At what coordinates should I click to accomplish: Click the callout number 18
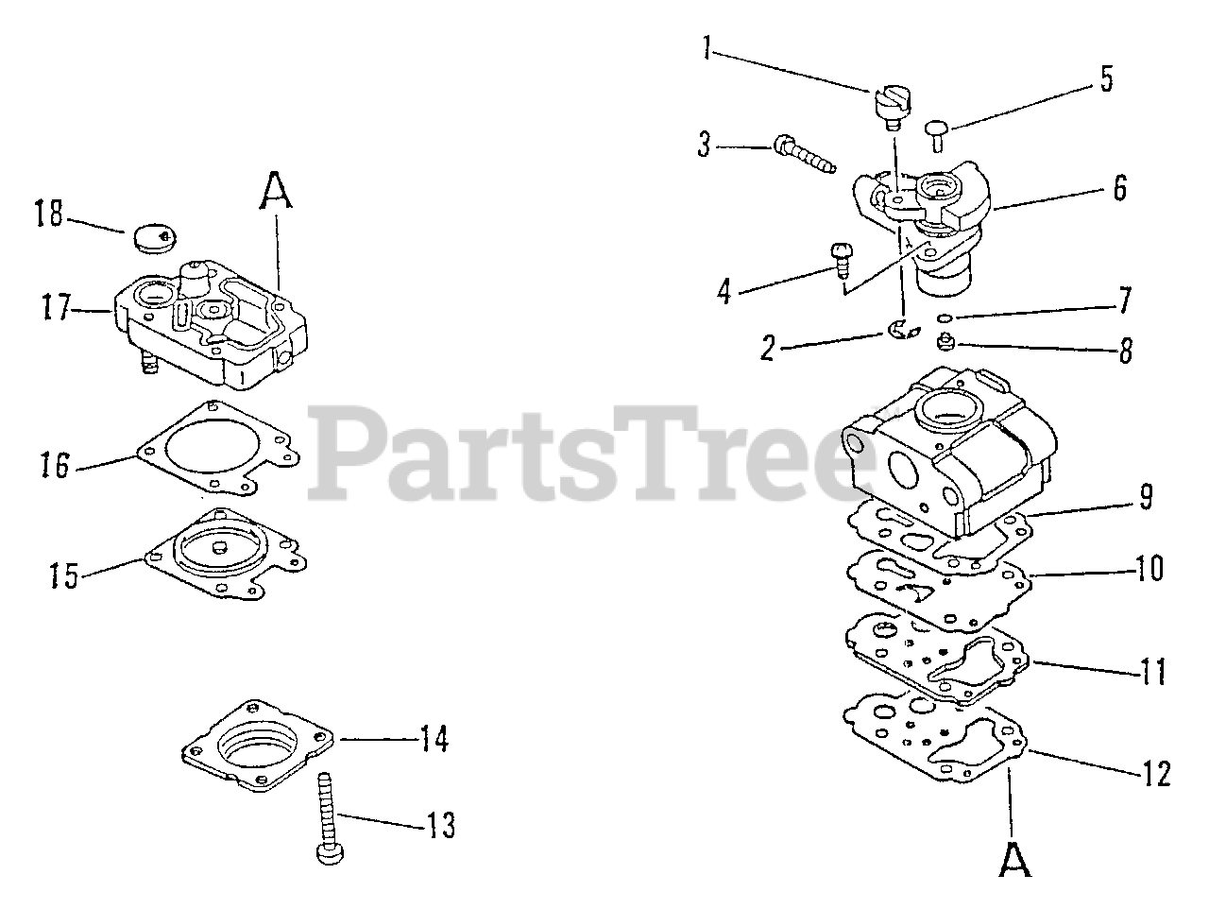[48, 215]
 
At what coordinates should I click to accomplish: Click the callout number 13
[439, 825]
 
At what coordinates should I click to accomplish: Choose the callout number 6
[1119, 188]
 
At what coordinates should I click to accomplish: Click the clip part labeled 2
[904, 329]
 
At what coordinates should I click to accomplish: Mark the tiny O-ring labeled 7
[945, 317]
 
